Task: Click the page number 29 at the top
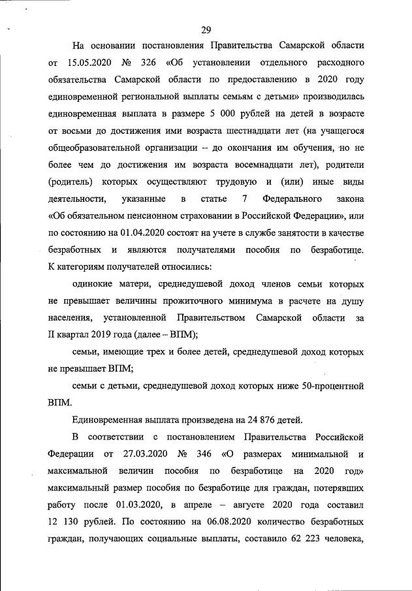point(206,29)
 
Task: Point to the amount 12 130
point(67,522)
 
